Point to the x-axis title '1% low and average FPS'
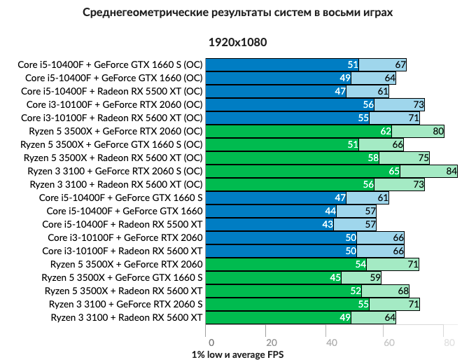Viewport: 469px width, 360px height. click(x=237, y=354)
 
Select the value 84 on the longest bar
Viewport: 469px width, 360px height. click(x=451, y=171)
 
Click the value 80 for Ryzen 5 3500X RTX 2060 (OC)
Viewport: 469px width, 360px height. click(x=439, y=131)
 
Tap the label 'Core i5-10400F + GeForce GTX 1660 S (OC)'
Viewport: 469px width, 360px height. click(x=110, y=64)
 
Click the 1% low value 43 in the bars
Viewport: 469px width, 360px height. click(x=327, y=224)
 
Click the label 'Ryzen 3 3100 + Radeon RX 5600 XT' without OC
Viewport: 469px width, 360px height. click(x=126, y=317)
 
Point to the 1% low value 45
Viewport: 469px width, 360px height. click(x=335, y=277)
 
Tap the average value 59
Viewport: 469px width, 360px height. click(x=374, y=277)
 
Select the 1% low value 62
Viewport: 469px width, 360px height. click(x=385, y=131)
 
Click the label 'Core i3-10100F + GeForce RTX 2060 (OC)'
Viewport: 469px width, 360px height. click(x=115, y=104)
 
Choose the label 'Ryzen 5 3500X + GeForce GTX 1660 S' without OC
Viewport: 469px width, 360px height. click(x=123, y=277)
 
